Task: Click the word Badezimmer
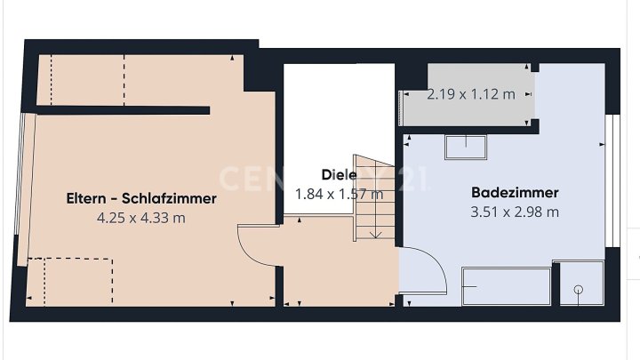click(515, 192)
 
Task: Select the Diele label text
click(340, 175)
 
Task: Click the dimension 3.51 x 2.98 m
click(515, 212)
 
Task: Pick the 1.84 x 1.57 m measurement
click(339, 194)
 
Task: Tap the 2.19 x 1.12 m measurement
click(470, 94)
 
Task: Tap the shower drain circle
click(579, 289)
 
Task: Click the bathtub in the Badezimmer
click(507, 286)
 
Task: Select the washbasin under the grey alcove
click(465, 147)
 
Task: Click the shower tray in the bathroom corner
click(578, 283)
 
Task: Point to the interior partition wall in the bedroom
click(120, 111)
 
